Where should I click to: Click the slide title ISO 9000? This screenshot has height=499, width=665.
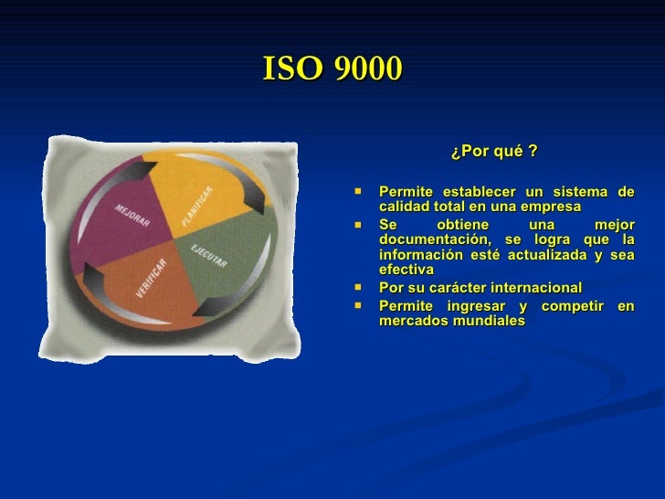332,68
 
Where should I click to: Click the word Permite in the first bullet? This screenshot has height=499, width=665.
406,192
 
